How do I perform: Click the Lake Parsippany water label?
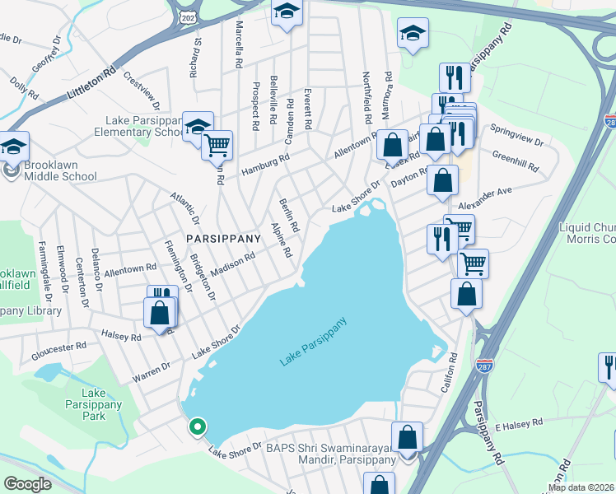(313, 342)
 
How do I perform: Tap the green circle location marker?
(197, 426)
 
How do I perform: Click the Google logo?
(27, 484)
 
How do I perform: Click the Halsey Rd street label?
(121, 336)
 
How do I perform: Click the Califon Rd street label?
(453, 372)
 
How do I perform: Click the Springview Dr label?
(516, 136)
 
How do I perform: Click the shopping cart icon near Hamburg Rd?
(217, 145)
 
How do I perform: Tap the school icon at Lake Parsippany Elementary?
(198, 126)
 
